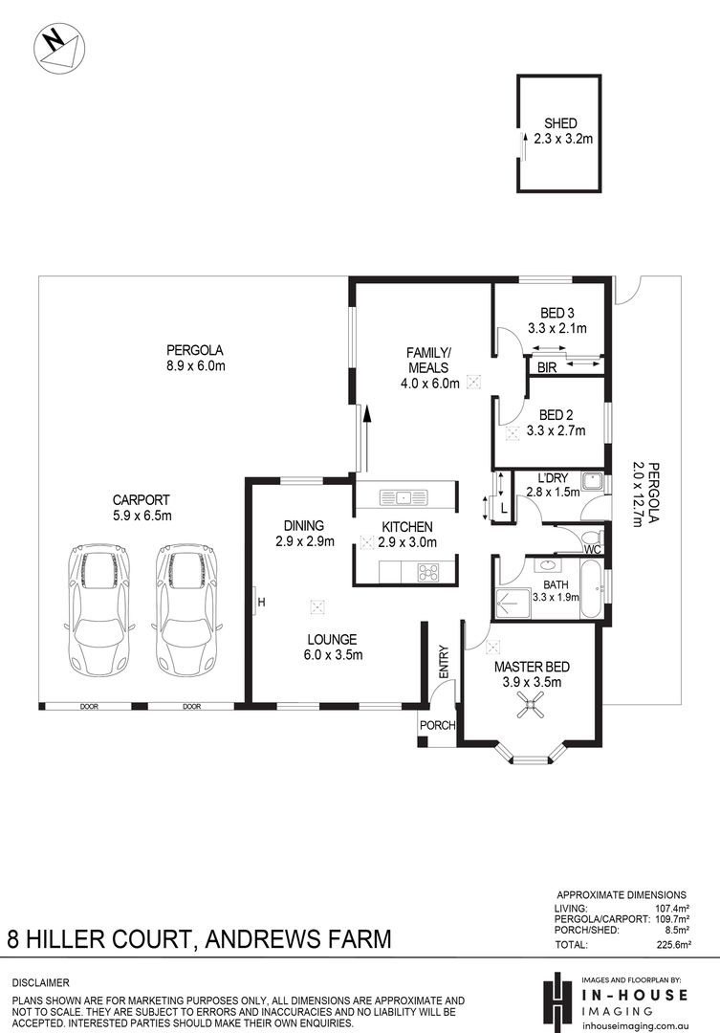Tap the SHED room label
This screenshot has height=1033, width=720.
[x=560, y=123]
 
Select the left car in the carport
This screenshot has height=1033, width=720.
[x=99, y=609]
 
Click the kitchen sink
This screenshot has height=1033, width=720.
[x=404, y=497]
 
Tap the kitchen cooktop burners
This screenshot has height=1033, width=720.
[x=428, y=572]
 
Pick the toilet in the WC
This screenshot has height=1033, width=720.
[x=592, y=536]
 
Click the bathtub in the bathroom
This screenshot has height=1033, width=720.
[x=591, y=589]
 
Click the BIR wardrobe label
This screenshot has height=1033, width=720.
[x=547, y=368]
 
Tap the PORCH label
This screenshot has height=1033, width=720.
[x=437, y=725]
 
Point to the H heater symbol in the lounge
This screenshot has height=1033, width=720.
[x=261, y=603]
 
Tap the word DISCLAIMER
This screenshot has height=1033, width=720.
[x=41, y=983]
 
